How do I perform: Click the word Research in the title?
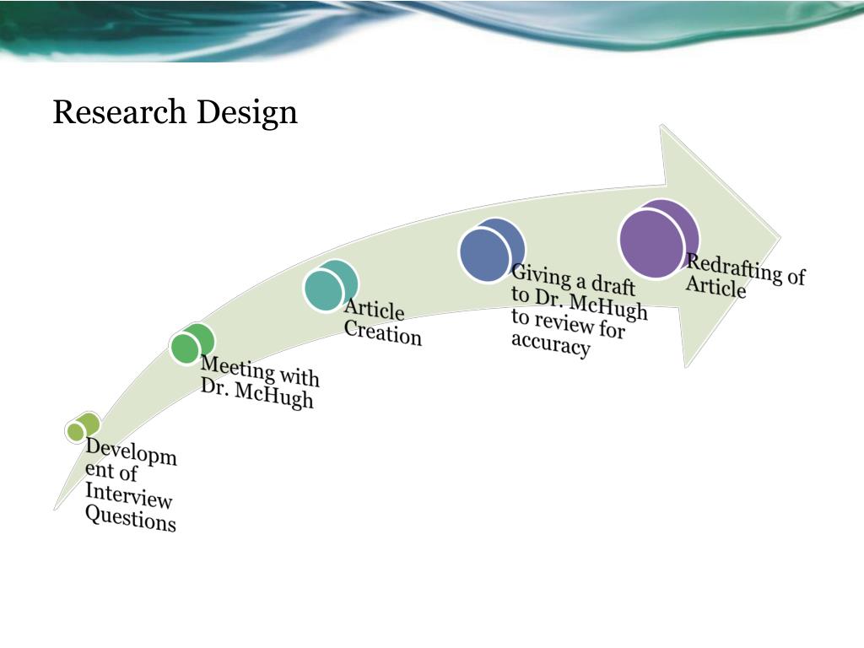(x=121, y=112)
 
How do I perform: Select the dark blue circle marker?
(x=489, y=252)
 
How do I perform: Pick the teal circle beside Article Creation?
(x=327, y=287)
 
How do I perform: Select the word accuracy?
(x=549, y=345)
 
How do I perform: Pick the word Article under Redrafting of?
(x=715, y=287)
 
